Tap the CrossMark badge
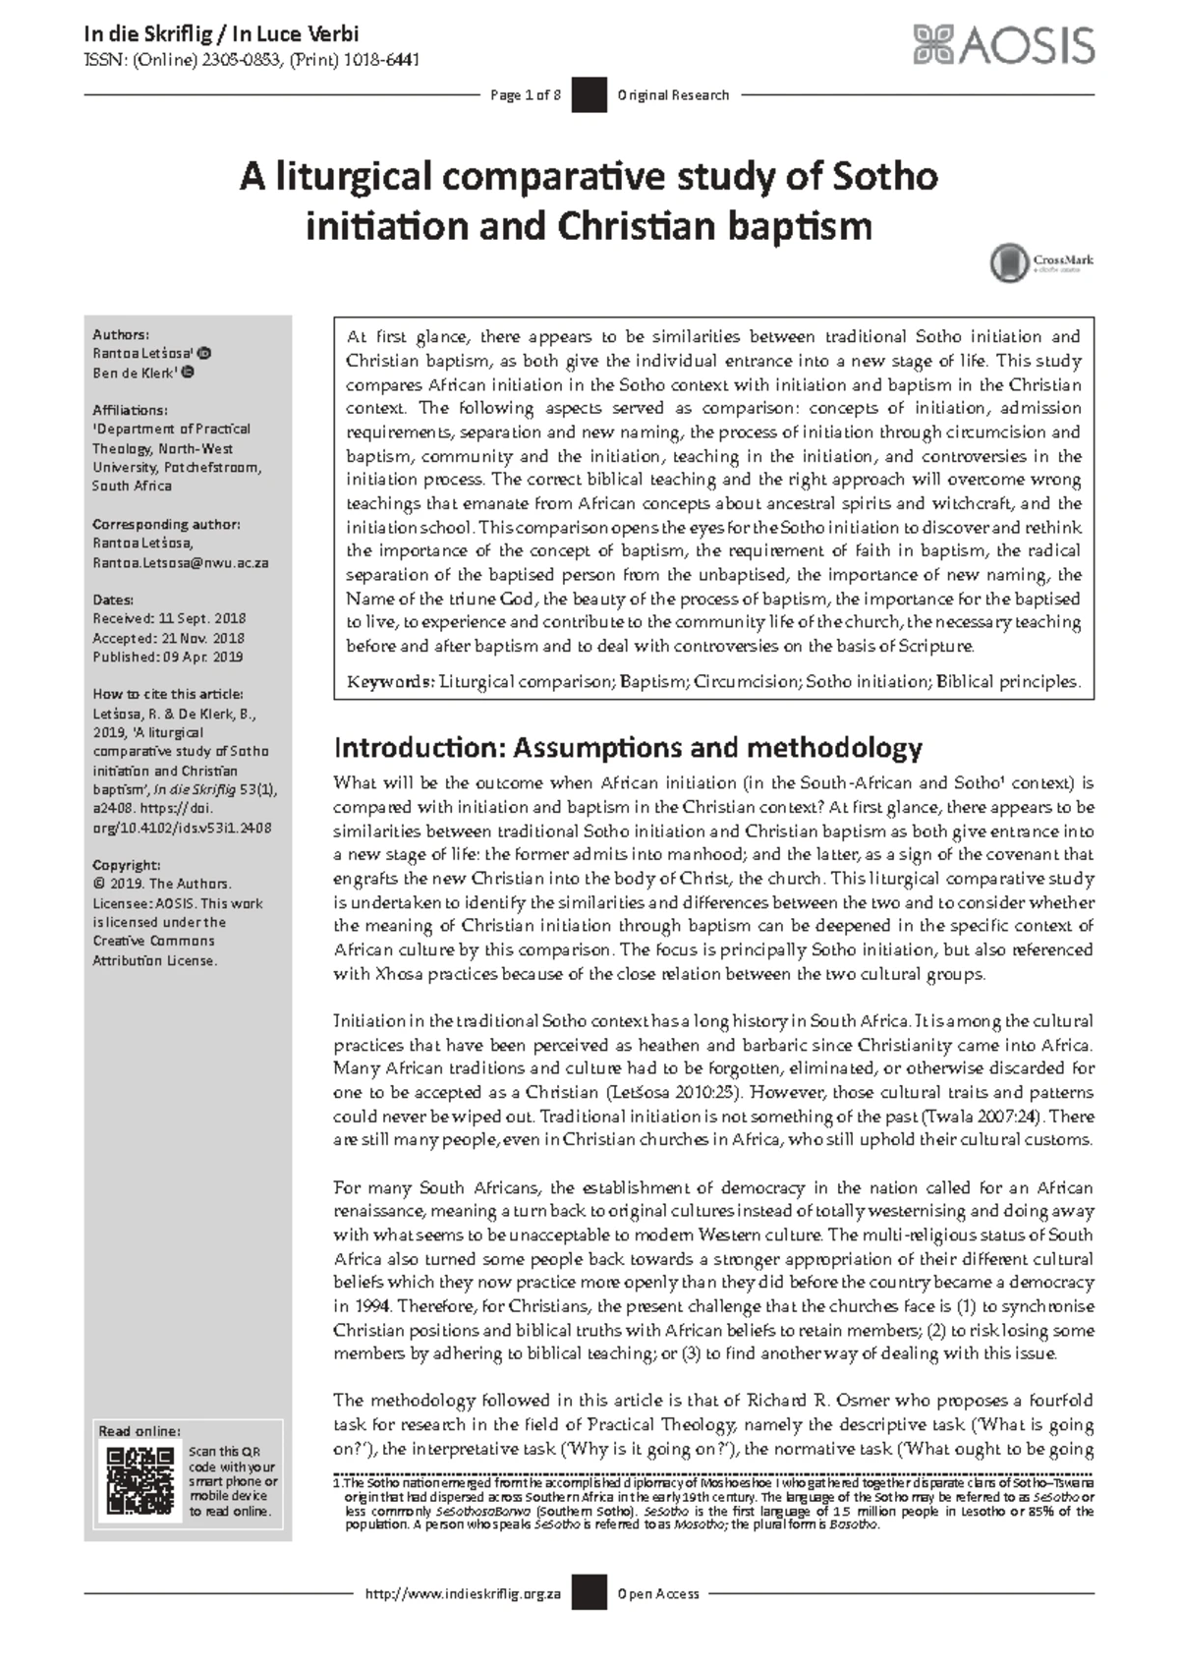point(1041,262)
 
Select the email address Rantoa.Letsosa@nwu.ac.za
point(180,563)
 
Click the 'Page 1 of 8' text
point(526,95)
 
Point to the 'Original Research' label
point(673,95)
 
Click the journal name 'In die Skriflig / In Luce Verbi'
point(221,34)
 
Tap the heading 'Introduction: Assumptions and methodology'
point(628,748)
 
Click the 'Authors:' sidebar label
point(121,334)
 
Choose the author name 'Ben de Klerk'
point(137,373)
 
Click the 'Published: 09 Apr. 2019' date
point(167,657)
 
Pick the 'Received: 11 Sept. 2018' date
point(169,618)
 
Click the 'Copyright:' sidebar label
point(126,865)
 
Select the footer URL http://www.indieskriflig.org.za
point(462,1593)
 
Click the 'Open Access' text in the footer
point(658,1593)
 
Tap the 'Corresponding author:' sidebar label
point(166,524)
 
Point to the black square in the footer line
point(589,1593)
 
